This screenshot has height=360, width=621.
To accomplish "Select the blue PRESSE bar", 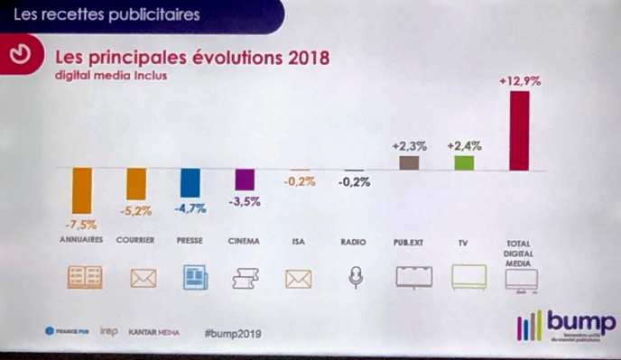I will pos(190,183).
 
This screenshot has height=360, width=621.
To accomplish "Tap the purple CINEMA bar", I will pos(244,180).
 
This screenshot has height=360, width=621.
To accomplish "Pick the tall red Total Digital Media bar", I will pos(518,130).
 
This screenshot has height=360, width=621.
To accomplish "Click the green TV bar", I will pos(464,163).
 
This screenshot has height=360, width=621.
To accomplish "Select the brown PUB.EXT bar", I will pos(409,163).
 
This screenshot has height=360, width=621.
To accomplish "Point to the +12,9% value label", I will pos(519,81).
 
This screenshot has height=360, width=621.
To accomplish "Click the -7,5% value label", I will pos(81,224).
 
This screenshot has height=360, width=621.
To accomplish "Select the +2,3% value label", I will pos(409,145).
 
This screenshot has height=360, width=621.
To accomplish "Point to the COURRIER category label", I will pos(135,241).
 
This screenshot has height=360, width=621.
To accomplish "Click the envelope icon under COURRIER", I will pos(143,278).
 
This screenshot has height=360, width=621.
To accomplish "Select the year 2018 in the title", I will pos(302,58).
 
